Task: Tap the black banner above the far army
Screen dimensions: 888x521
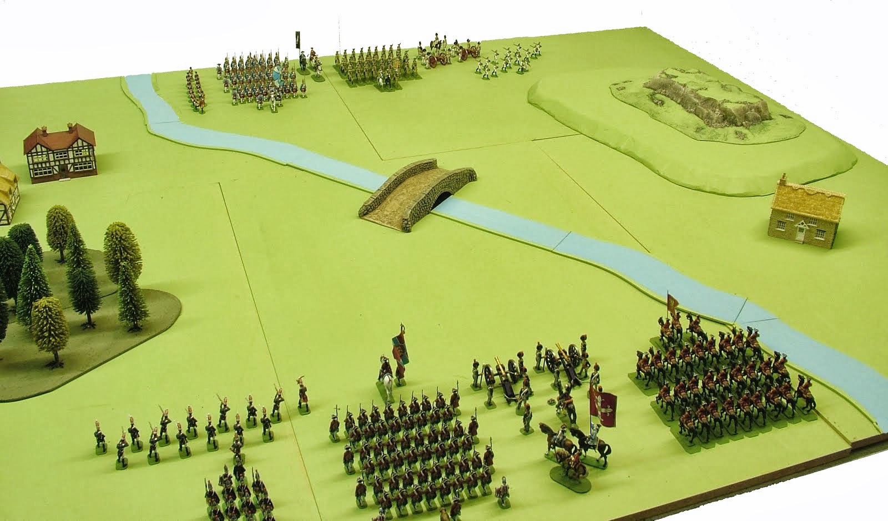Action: click(298, 39)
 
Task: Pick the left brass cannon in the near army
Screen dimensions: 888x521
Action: click(500, 377)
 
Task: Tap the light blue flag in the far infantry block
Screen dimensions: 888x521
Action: click(279, 77)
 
